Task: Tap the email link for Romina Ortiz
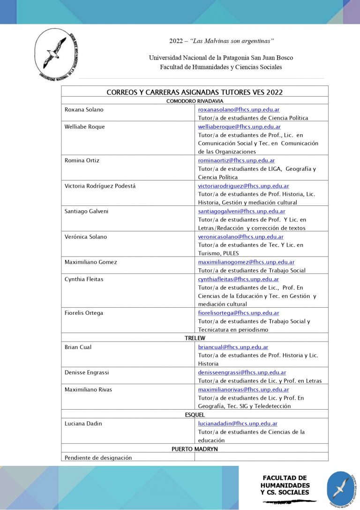click(x=236, y=160)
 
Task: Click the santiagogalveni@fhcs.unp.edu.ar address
click(x=241, y=211)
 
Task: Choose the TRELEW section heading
click(x=195, y=338)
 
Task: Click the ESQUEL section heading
click(x=195, y=415)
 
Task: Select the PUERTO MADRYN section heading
click(x=195, y=449)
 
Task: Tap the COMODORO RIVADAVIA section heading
click(x=195, y=101)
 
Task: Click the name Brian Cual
click(x=78, y=347)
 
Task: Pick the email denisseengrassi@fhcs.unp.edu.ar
click(x=242, y=373)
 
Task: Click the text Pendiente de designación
click(x=98, y=457)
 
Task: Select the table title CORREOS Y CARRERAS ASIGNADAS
click(x=195, y=92)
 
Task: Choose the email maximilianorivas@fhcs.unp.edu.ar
click(x=243, y=389)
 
